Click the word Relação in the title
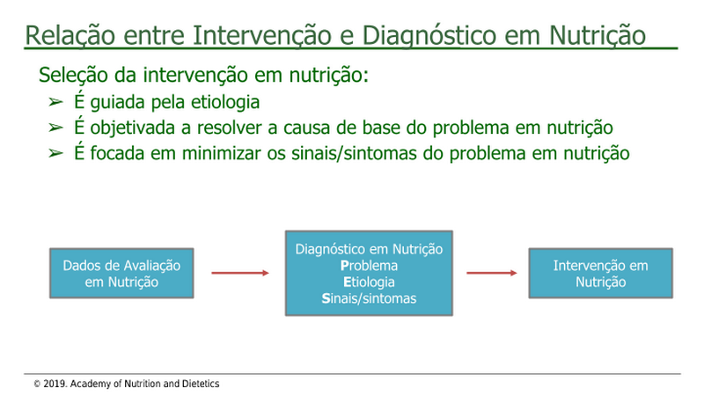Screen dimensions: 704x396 point(70,35)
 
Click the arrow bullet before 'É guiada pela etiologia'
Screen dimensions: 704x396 point(55,102)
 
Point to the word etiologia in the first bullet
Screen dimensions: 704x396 point(225,103)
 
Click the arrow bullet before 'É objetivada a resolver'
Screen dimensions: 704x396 point(55,128)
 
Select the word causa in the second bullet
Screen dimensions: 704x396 point(306,128)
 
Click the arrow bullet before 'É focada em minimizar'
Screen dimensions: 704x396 point(55,153)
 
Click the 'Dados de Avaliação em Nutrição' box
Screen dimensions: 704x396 point(121,273)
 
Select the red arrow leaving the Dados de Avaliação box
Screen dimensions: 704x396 point(240,273)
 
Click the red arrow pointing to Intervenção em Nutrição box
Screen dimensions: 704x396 point(492,273)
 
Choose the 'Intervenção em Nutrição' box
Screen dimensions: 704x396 point(601,273)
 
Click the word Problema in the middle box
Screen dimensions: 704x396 point(369,266)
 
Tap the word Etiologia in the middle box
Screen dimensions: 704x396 point(369,282)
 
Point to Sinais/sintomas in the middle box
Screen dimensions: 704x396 point(369,298)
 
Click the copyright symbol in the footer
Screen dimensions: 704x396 point(37,385)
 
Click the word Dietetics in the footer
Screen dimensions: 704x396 point(201,384)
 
